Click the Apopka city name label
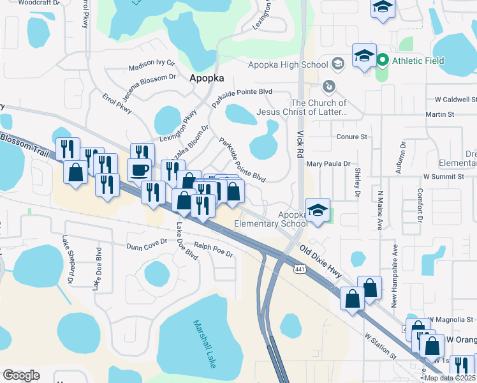(x=207, y=77)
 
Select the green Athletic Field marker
(x=383, y=61)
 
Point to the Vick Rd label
(x=301, y=145)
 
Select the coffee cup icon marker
(x=140, y=170)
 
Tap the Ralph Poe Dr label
(x=214, y=249)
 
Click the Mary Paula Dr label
(x=328, y=163)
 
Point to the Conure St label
(x=352, y=137)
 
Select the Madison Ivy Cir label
(x=151, y=66)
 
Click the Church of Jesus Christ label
(x=319, y=107)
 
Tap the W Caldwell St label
(x=455, y=100)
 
